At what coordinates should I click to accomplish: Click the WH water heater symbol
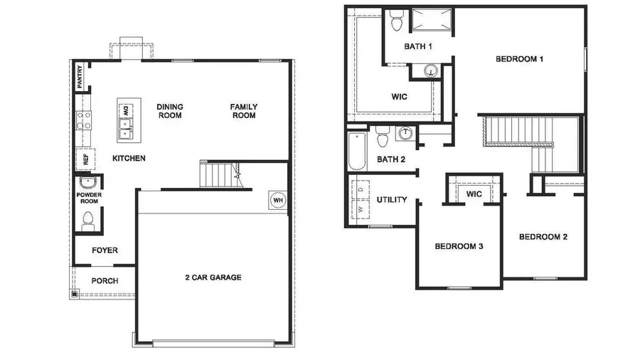(278, 201)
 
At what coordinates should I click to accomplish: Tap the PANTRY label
(80, 77)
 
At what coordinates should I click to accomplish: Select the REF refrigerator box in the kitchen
(85, 159)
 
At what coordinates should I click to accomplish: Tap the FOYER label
(105, 250)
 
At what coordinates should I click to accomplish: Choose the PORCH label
(105, 281)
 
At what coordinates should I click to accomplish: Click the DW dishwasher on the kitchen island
(126, 110)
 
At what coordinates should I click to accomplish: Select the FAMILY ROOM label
(243, 111)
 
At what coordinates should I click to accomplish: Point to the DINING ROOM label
(170, 111)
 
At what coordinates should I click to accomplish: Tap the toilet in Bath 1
(396, 21)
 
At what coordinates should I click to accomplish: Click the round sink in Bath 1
(431, 70)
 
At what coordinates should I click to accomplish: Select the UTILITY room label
(392, 200)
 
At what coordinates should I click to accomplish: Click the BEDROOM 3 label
(459, 247)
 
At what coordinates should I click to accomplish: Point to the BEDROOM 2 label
(543, 237)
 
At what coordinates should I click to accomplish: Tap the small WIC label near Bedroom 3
(474, 194)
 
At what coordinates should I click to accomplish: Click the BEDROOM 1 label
(520, 59)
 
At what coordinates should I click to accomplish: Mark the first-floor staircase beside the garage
(218, 174)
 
